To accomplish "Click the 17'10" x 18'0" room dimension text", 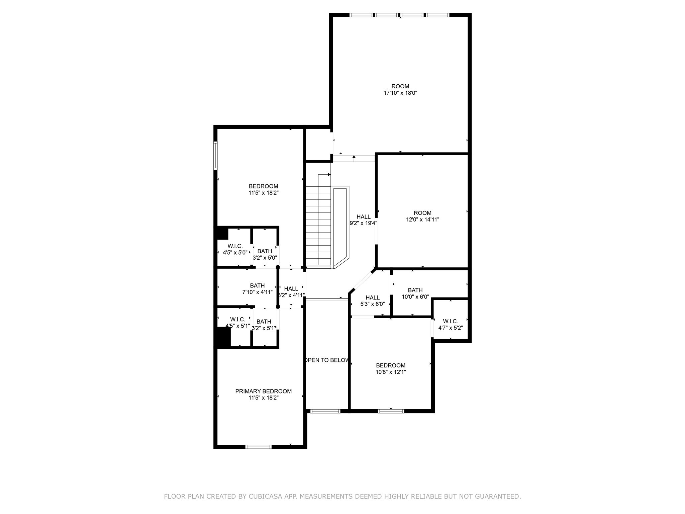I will point(400,93).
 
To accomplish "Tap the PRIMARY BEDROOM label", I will point(263,391).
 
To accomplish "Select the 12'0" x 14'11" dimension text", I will point(422,220).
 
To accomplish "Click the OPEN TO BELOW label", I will point(327,360).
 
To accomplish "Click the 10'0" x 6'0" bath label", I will point(415,297).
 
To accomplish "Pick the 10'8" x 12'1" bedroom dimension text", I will point(390,372).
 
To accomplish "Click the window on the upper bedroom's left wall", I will point(215,156).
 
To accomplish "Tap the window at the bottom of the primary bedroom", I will point(258,446).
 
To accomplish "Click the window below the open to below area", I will point(325,411).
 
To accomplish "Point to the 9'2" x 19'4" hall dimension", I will point(363,223).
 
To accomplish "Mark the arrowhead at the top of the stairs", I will point(329,174).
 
